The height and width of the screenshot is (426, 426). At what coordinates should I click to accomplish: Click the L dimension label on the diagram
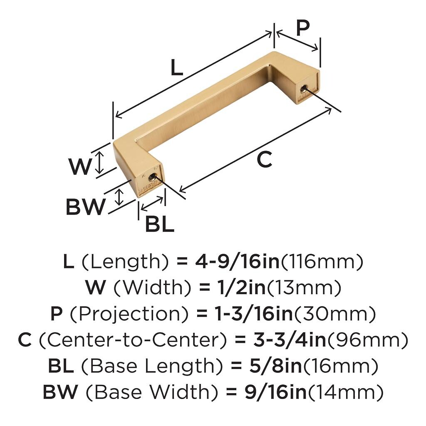click(x=177, y=67)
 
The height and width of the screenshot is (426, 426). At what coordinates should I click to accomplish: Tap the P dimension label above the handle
click(x=303, y=28)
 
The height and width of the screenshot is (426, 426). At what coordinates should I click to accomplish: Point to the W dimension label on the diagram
click(x=80, y=166)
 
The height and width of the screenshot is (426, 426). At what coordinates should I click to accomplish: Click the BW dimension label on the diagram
click(x=85, y=206)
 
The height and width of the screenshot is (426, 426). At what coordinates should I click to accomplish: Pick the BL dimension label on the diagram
click(x=160, y=224)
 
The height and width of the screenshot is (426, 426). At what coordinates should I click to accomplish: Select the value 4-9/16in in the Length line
click(x=237, y=262)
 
